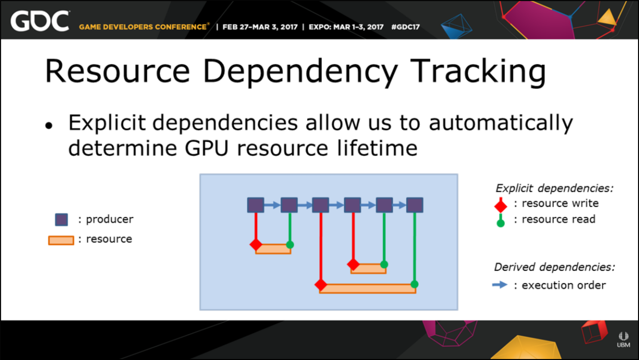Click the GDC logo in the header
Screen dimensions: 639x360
40,21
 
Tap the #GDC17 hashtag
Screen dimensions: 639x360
405,27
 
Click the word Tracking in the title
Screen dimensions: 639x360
478,71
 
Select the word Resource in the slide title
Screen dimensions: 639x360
117,71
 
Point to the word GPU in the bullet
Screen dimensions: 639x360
206,148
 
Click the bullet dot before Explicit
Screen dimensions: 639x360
49,126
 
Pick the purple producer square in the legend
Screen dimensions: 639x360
61,220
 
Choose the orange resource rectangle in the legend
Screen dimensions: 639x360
61,240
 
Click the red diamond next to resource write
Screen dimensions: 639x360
500,205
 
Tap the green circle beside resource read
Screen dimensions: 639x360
500,223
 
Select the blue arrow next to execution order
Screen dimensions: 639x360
500,285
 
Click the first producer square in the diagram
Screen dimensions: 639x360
256,205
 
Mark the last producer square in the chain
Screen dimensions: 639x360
415,205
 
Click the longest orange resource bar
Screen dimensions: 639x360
368,288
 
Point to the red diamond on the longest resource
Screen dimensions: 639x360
321,285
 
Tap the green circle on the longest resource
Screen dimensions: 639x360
415,284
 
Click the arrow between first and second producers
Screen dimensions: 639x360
273,205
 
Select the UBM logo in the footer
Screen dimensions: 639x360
624,340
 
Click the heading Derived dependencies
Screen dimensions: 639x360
554,267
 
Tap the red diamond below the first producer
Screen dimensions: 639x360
256,244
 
